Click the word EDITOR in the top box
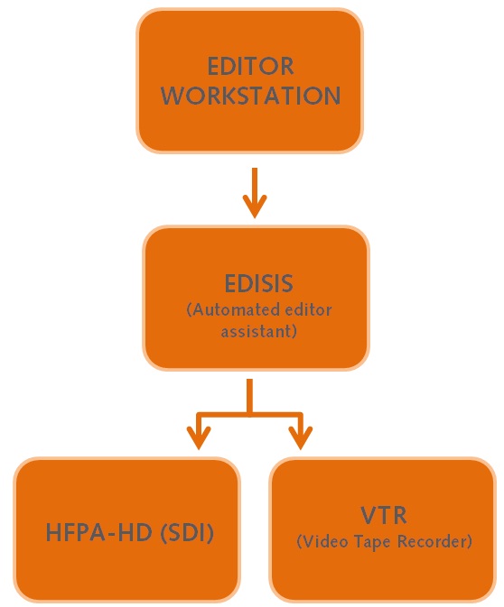(x=250, y=66)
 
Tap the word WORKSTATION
(x=251, y=96)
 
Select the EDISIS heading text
(x=258, y=283)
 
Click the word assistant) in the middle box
(x=258, y=331)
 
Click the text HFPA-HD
(x=98, y=533)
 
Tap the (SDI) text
(x=187, y=533)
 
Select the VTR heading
(x=384, y=515)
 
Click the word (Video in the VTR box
(x=322, y=541)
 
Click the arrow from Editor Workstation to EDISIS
(x=255, y=193)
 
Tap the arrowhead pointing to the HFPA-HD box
(x=199, y=437)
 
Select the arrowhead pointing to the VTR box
(x=301, y=437)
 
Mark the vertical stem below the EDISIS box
(x=249, y=396)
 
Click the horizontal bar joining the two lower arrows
(x=249, y=415)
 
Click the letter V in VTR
(x=369, y=515)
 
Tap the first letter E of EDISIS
(x=230, y=283)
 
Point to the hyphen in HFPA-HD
(x=110, y=535)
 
